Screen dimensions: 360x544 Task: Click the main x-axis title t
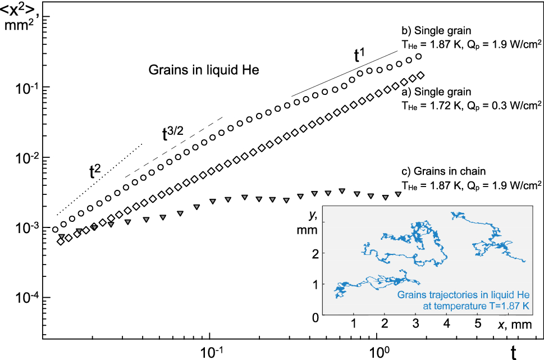point(514,352)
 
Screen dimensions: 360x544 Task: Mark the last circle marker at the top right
point(418,57)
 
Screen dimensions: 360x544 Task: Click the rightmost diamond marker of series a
point(421,75)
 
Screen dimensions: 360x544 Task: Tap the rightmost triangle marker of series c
point(398,194)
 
